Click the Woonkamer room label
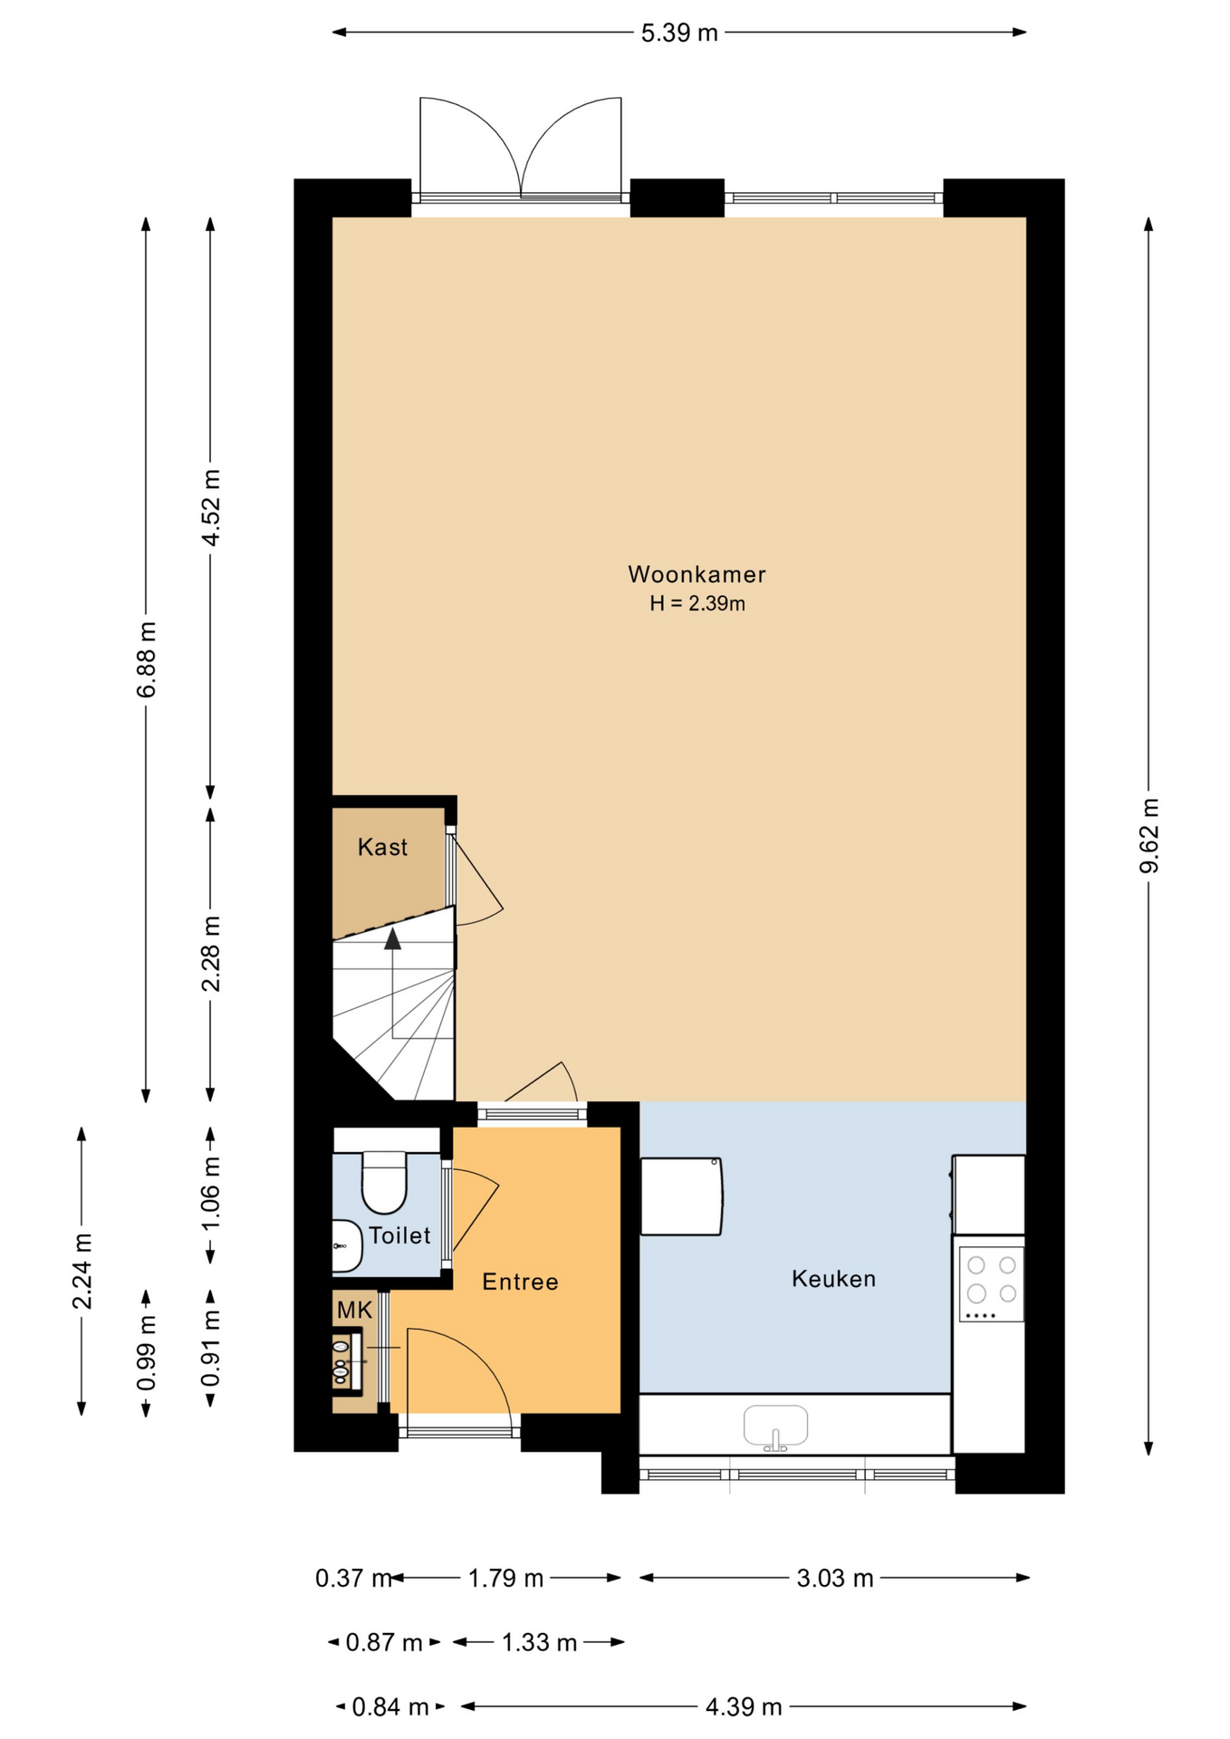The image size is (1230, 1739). (x=697, y=574)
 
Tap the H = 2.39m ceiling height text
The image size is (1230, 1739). (x=697, y=603)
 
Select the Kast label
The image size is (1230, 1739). (x=382, y=847)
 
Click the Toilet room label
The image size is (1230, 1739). (x=399, y=1235)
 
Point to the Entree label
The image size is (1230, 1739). (x=520, y=1282)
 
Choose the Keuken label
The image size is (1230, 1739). (x=833, y=1279)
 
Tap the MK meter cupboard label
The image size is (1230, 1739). (x=354, y=1310)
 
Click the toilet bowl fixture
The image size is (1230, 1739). (x=384, y=1182)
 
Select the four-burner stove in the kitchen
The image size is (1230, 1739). (x=992, y=1284)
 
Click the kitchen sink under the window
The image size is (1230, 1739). (x=775, y=1427)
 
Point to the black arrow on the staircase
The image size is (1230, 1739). (x=392, y=939)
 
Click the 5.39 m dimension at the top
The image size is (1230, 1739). (x=679, y=33)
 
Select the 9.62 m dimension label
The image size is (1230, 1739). (x=1148, y=835)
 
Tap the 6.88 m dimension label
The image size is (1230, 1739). (x=146, y=659)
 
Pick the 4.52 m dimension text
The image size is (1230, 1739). (x=210, y=507)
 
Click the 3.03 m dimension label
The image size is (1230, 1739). (x=835, y=1579)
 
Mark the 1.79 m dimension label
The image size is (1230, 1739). (x=505, y=1579)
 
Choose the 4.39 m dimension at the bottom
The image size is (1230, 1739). (x=744, y=1707)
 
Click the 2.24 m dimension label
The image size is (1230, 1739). (x=82, y=1271)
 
